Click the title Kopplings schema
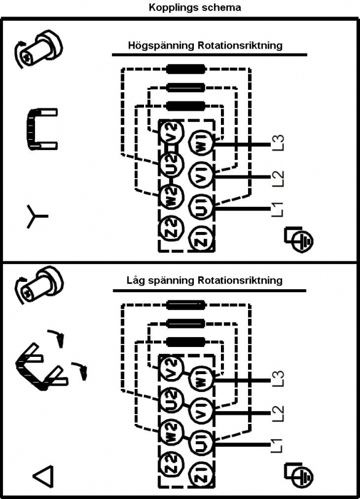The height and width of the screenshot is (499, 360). click(195, 7)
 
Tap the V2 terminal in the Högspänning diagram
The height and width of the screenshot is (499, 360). click(172, 131)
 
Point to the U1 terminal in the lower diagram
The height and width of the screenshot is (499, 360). click(202, 445)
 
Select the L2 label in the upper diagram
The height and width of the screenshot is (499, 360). click(278, 178)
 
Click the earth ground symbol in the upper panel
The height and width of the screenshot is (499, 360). click(298, 240)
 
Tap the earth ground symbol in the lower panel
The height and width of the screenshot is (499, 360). click(298, 476)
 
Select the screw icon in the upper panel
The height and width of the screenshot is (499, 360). click(38, 49)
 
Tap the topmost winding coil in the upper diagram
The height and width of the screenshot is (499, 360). click(186, 69)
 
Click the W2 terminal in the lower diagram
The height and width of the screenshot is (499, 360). click(172, 431)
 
